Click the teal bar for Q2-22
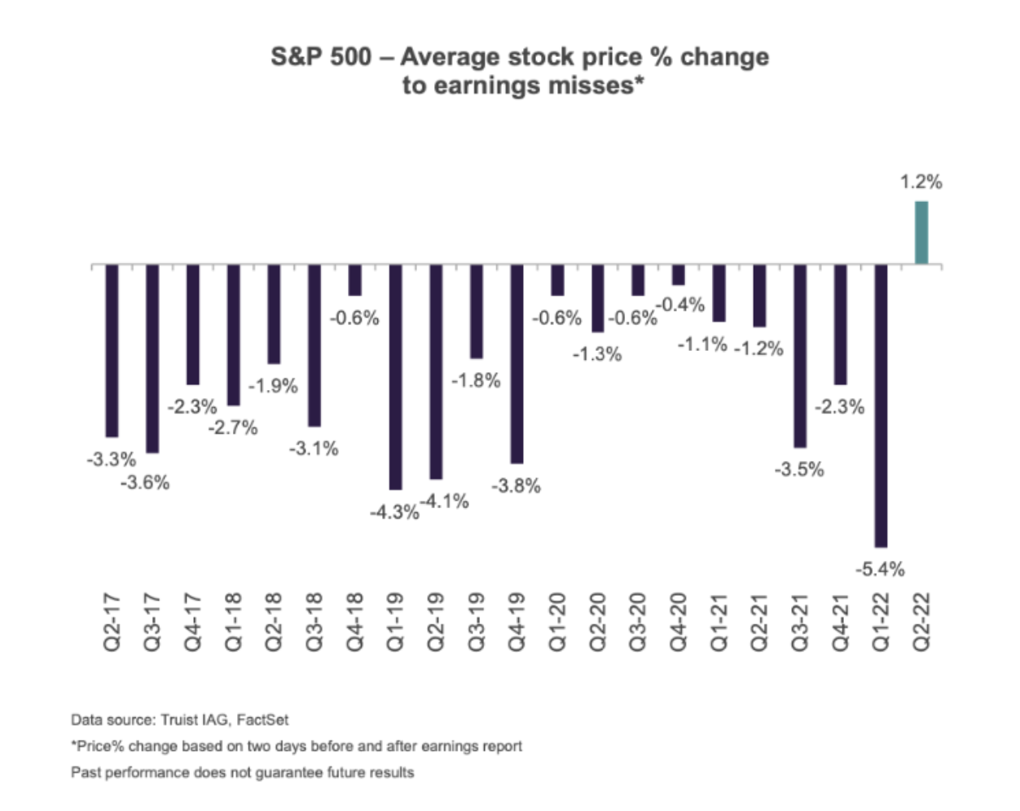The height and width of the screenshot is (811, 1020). (921, 233)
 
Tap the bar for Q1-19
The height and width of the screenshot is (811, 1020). (395, 376)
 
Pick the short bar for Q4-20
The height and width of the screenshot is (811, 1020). (678, 274)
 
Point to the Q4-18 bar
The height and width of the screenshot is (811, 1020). (354, 280)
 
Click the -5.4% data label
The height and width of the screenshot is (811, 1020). (880, 569)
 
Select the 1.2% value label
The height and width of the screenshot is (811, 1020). (921, 182)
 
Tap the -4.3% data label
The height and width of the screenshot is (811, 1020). (394, 513)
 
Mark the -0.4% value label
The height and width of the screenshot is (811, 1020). (680, 305)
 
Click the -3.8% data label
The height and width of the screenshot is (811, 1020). (516, 486)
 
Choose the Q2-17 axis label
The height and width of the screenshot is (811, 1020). (112, 621)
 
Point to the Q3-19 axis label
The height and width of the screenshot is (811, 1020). (477, 621)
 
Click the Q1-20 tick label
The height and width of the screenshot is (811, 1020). (557, 621)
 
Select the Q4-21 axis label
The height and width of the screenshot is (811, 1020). (841, 621)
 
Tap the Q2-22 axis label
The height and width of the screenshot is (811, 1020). (921, 621)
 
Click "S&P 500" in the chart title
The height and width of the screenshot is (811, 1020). (321, 57)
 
